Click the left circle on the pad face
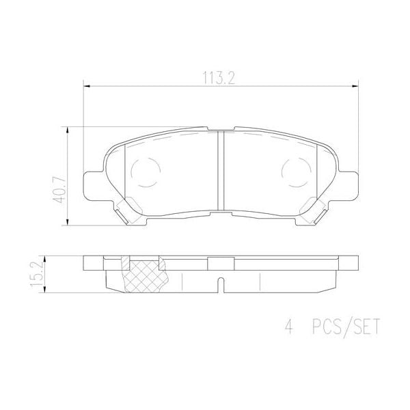point(145,171)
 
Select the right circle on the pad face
point(296,171)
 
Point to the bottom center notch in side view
point(220,283)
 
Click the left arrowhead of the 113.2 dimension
point(85,85)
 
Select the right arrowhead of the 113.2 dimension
point(355,85)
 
